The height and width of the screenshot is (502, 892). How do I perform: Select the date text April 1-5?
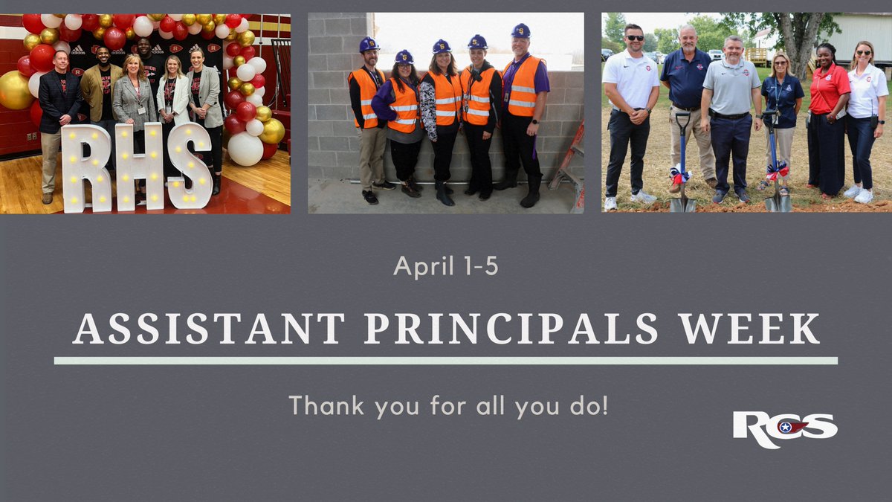pos(445,266)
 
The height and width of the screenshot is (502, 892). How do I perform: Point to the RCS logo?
pos(784,429)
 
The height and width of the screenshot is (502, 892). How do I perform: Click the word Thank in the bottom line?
pos(323,406)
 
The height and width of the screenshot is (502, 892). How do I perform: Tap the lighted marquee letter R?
pos(85,167)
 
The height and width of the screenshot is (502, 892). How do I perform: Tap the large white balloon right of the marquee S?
pos(245,148)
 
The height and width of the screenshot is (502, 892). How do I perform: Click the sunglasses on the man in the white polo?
pos(634,38)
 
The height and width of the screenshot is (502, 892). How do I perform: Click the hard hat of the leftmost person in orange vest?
pos(369,45)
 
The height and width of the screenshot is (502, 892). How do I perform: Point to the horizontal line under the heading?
pos(446,361)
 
